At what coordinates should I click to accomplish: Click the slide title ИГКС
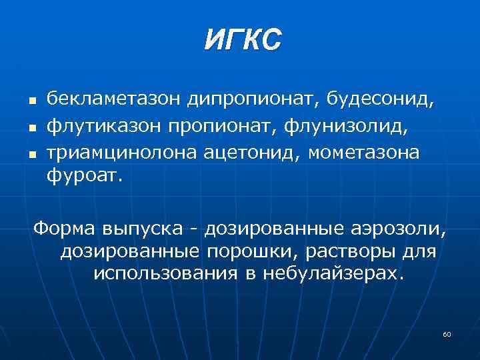click(x=243, y=39)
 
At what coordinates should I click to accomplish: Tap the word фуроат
click(x=85, y=178)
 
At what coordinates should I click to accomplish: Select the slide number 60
click(x=447, y=333)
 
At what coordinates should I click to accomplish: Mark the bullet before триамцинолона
click(x=31, y=154)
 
